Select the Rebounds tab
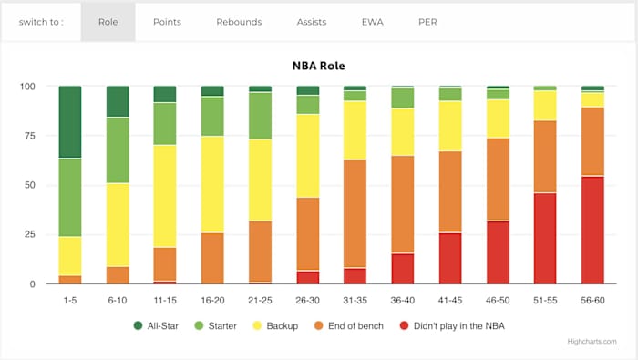point(239,22)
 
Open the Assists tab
point(312,22)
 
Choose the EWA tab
point(372,22)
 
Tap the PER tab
point(427,22)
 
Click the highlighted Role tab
point(108,22)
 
